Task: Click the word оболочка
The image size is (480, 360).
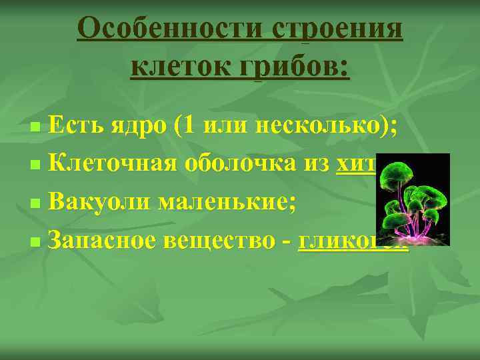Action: coord(240,160)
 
